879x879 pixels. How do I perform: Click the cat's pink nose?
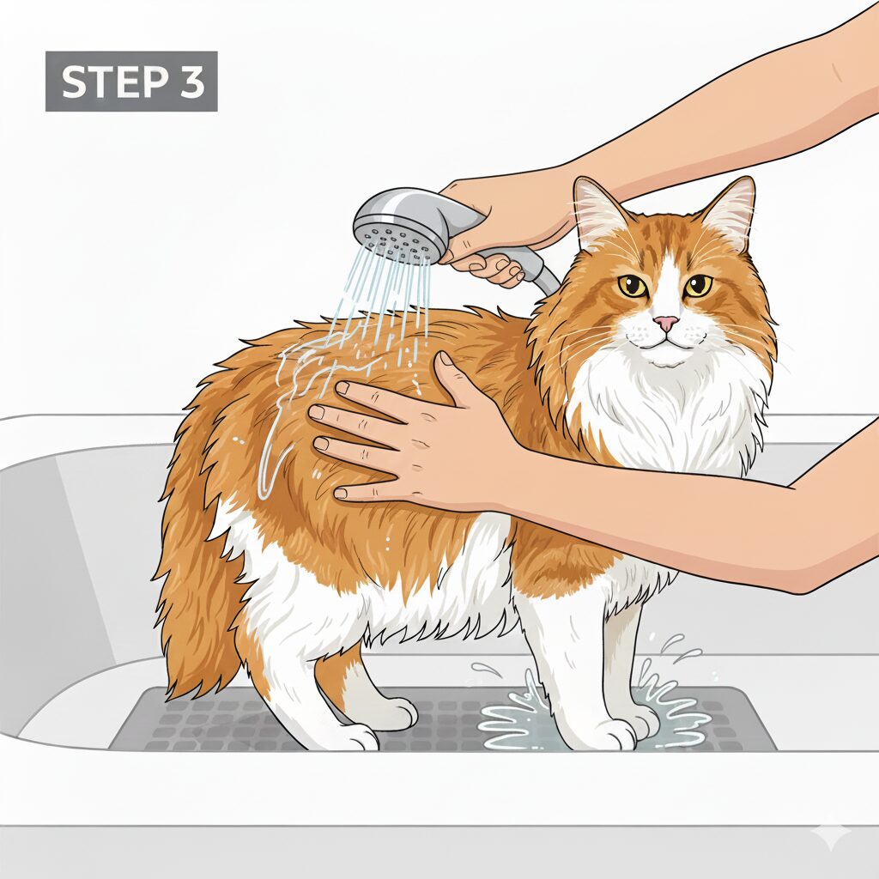pos(666,323)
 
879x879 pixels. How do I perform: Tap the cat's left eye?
pos(698,286)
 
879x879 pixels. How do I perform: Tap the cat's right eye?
pos(633,286)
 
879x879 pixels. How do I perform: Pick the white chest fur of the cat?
pos(662,409)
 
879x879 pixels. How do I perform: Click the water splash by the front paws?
pos(589,712)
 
